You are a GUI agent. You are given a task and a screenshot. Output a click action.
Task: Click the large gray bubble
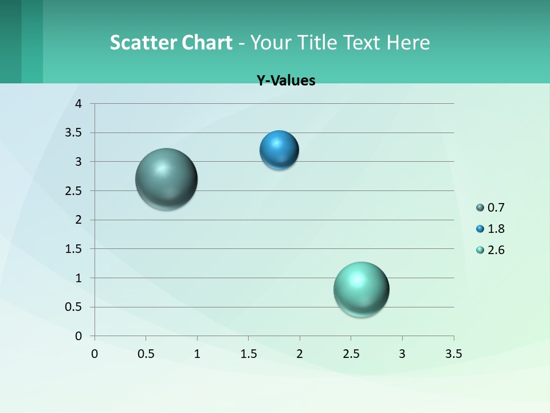tap(166, 179)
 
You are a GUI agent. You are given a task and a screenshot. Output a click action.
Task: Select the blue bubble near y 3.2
tap(279, 150)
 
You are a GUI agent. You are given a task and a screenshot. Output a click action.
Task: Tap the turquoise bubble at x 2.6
tap(361, 289)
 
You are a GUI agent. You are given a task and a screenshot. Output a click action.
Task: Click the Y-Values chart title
tap(286, 80)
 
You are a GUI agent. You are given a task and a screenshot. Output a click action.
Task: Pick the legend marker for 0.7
tap(480, 208)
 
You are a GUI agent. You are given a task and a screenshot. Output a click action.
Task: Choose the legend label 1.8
tap(496, 229)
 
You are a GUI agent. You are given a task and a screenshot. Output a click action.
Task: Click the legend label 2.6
tap(496, 250)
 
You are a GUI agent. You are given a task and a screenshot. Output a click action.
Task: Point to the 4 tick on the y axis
tap(79, 104)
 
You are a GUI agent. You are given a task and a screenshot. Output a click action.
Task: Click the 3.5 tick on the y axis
tap(74, 133)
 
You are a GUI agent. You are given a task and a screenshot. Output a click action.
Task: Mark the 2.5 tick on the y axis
tap(74, 191)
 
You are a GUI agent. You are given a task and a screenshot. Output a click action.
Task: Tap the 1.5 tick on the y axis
tap(74, 249)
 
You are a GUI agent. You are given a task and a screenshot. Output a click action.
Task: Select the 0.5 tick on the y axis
tap(74, 307)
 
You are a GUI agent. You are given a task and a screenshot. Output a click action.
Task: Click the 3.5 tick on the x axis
tap(453, 354)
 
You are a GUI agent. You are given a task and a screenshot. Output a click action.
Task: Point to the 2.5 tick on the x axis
tap(351, 354)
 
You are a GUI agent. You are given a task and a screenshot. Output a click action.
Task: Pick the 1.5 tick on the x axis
tap(248, 354)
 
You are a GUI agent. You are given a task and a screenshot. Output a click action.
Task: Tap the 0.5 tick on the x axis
tap(146, 354)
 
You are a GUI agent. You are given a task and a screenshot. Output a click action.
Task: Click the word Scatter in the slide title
tap(143, 42)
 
